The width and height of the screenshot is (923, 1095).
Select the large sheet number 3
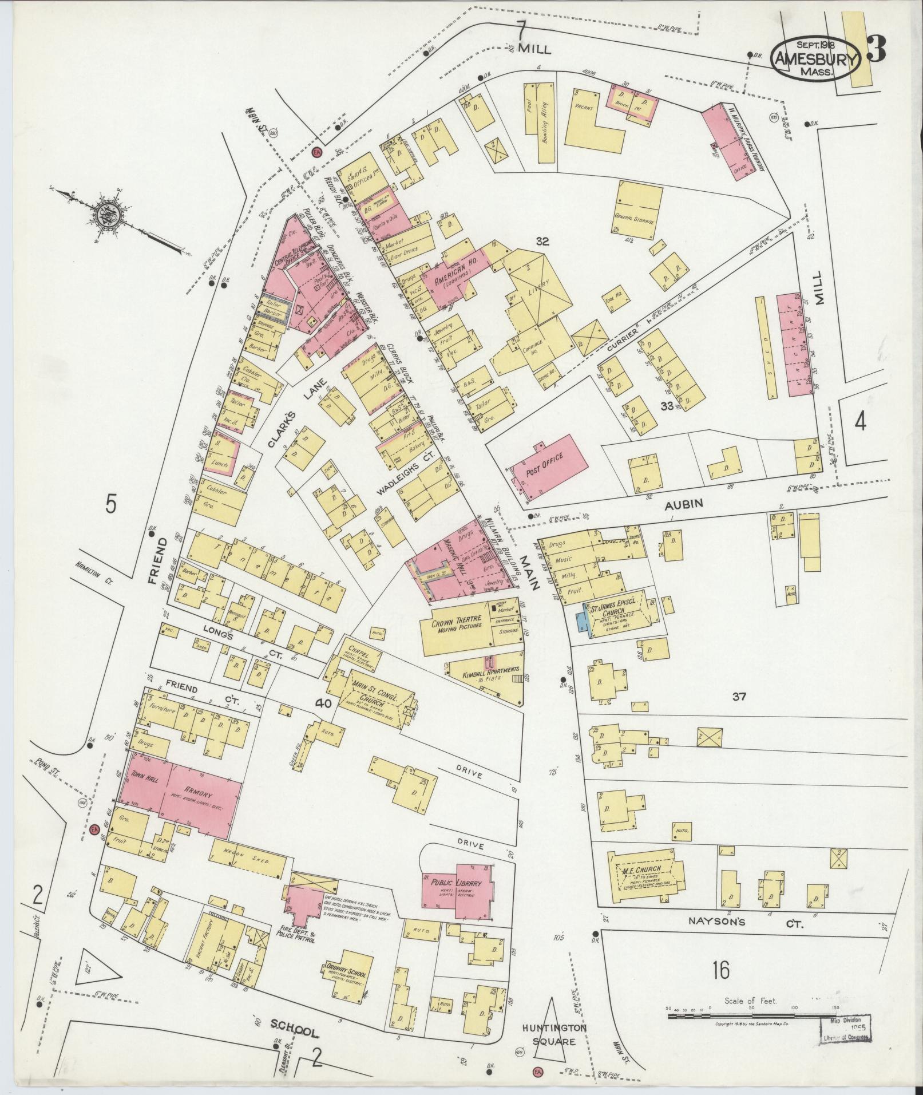876,49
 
